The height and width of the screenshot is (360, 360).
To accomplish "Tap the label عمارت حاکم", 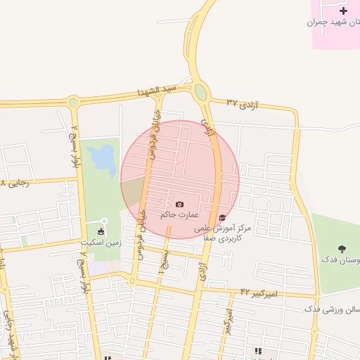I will pos(179,214).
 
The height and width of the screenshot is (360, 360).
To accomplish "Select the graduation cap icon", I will pos(223,217).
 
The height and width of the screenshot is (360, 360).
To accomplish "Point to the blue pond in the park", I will pos(103,160).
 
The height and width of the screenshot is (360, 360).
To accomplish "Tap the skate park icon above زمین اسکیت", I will pos(101,232).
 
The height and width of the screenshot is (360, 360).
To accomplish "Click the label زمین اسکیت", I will pos(102,243).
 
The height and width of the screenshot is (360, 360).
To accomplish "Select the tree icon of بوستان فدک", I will pos(342,249).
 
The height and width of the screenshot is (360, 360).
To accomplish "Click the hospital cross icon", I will pos(343,11).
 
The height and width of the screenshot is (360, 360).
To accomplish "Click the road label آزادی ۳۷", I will pos(243,103).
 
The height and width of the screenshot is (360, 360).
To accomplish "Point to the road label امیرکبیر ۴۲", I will pos(259,292).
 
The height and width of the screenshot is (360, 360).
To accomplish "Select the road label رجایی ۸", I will pos(13,183).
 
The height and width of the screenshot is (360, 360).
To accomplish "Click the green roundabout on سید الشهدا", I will pos(201,92).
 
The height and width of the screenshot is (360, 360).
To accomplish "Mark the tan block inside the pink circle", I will pos(133,190).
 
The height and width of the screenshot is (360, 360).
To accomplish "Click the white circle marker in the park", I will pos(105,221).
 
